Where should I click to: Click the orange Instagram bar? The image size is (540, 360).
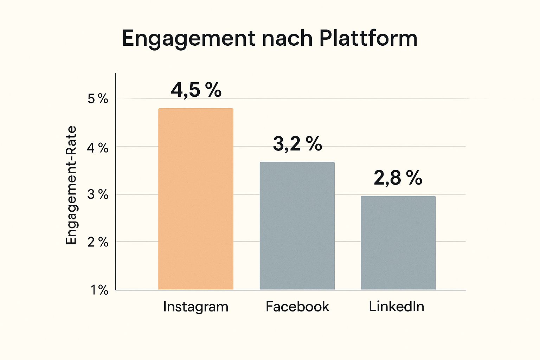point(195,199)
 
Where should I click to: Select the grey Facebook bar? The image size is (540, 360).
point(297,226)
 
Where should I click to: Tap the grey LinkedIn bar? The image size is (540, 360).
point(398,243)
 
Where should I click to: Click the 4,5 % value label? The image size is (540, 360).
point(196,90)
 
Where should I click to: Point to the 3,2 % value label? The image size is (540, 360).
point(297,144)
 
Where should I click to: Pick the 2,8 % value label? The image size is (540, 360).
point(398,178)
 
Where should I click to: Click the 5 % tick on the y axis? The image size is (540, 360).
point(98,99)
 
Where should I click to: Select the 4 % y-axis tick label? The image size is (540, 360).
point(98,148)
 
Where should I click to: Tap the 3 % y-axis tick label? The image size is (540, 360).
point(98,194)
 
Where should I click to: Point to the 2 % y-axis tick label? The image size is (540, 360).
point(98,242)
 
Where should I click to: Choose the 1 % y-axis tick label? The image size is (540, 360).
point(99,290)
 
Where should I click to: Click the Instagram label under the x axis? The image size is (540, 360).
point(195,307)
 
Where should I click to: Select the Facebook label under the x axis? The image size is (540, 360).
point(297,307)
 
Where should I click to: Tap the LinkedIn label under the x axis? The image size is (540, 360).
point(396,307)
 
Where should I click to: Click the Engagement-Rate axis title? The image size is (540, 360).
point(71,185)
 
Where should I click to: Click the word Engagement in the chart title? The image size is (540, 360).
point(188,39)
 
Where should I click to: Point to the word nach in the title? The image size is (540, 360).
point(287,39)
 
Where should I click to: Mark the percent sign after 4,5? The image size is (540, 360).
point(213,90)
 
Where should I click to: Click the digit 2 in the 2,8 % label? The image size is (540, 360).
point(380,178)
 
